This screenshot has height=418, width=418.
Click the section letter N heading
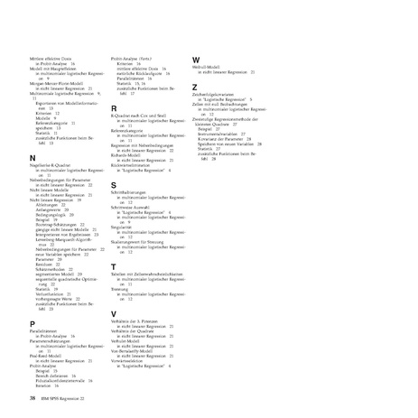(x=32, y=157)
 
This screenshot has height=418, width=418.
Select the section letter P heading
(x=32, y=322)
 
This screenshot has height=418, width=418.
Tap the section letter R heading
(x=114, y=107)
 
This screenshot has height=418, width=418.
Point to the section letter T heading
(x=113, y=267)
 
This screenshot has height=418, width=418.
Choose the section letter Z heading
(x=195, y=87)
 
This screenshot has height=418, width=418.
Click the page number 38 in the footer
(x=33, y=398)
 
